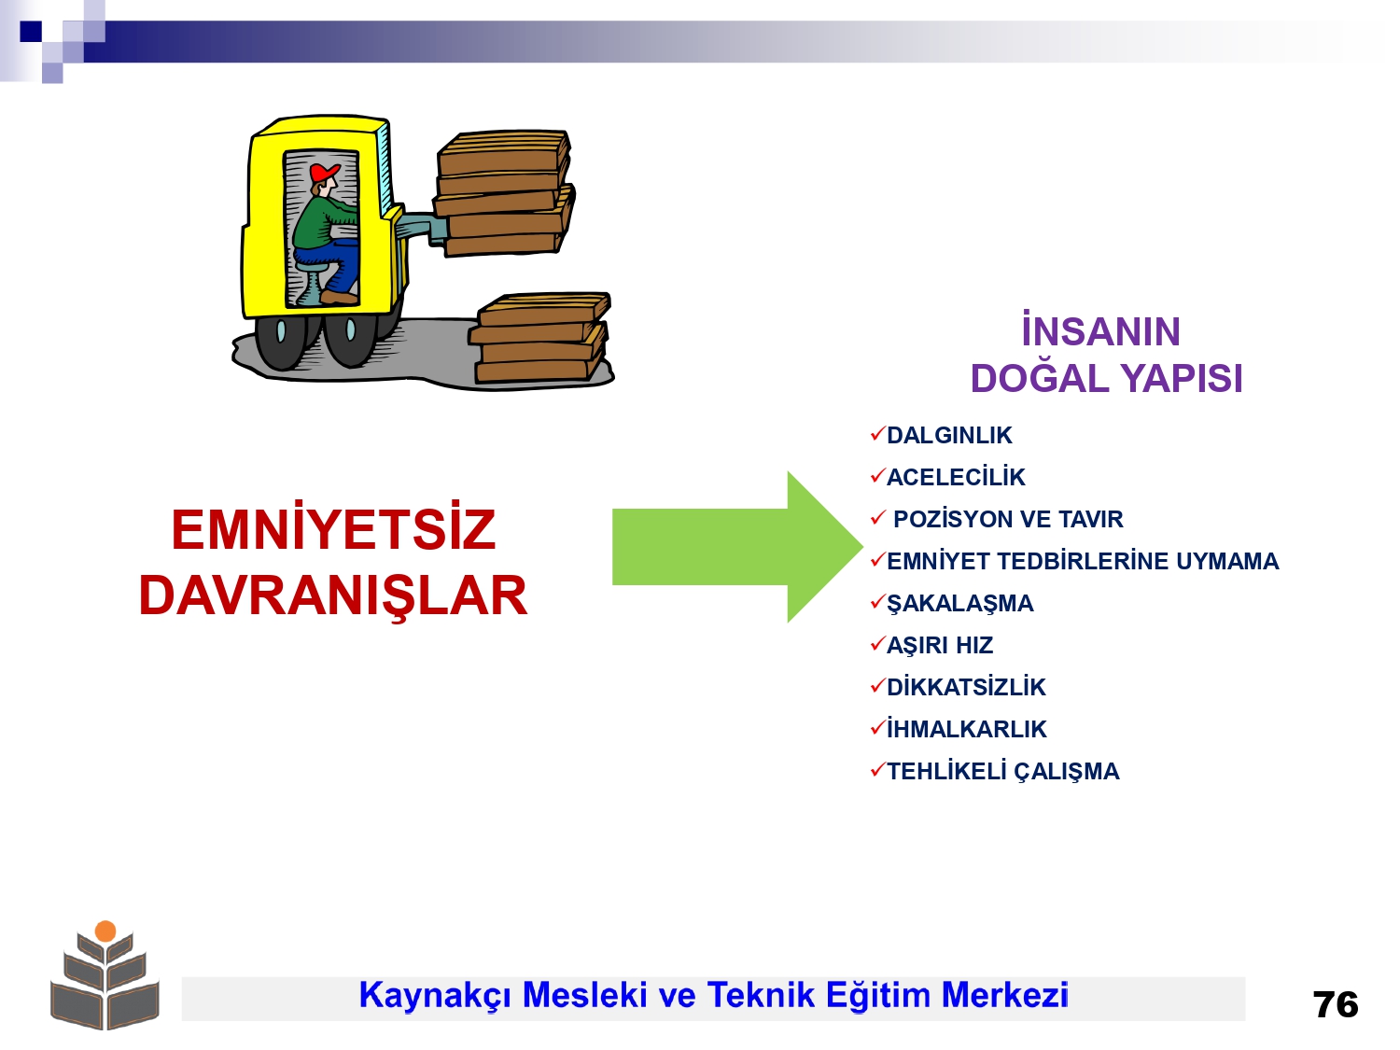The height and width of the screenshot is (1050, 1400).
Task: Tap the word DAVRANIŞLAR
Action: [x=333, y=595]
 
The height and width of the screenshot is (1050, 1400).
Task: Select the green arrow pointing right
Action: [x=737, y=546]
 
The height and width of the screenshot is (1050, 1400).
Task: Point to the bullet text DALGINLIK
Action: [x=949, y=436]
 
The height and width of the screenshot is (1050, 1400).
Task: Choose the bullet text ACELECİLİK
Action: [x=956, y=477]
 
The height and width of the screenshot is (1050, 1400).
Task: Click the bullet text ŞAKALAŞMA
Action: [x=959, y=604]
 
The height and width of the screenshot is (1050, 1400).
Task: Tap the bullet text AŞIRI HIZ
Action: [x=940, y=646]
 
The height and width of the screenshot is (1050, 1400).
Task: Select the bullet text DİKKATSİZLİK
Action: [x=966, y=687]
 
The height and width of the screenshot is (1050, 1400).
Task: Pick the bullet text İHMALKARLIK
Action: [x=966, y=729]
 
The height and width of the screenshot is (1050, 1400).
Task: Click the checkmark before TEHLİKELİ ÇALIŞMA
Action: [x=878, y=769]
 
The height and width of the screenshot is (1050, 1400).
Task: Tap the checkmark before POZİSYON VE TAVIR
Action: [x=878, y=517]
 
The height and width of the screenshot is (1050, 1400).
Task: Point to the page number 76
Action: [x=1336, y=1005]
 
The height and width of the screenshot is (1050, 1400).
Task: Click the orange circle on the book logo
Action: [x=105, y=931]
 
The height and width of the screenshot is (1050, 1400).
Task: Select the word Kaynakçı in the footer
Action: [x=435, y=996]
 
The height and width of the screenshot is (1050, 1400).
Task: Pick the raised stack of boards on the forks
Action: [x=504, y=192]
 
